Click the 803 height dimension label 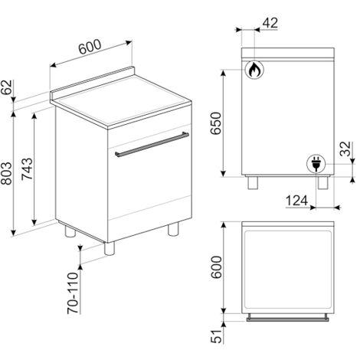coord(6,173)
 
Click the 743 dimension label coord(27,169)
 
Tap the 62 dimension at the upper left coord(6,87)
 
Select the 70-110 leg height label coord(73,293)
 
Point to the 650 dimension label coord(215,123)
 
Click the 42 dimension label coord(270,23)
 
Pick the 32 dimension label coord(346,149)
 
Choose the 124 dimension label coord(296,201)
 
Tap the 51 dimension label coord(216,336)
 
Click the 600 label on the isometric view coord(90,47)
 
